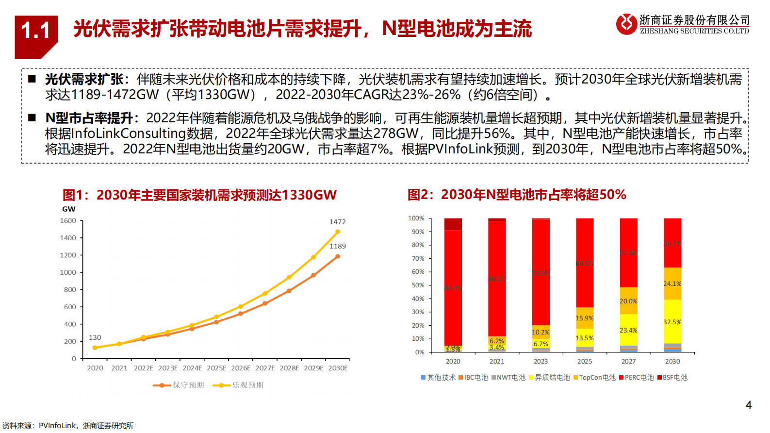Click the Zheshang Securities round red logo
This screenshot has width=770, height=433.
click(626, 24)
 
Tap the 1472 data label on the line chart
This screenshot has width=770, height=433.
click(338, 222)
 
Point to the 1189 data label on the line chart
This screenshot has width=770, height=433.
click(338, 246)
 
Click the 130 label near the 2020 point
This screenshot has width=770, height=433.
click(95, 337)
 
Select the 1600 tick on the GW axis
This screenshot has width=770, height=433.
click(68, 221)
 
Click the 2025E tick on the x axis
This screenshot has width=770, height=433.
click(216, 368)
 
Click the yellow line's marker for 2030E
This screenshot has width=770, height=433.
click(338, 232)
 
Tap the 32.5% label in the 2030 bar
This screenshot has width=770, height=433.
click(672, 322)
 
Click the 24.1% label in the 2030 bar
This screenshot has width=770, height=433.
click(672, 283)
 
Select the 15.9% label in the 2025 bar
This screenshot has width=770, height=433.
click(585, 318)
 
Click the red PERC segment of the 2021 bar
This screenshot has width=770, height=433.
click(497, 279)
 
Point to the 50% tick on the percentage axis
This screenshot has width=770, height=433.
click(418, 285)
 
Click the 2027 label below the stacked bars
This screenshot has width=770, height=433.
click(628, 361)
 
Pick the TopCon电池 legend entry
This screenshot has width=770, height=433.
click(594, 377)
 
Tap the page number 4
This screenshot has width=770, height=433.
click(748, 405)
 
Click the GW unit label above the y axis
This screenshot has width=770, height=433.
click(69, 209)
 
